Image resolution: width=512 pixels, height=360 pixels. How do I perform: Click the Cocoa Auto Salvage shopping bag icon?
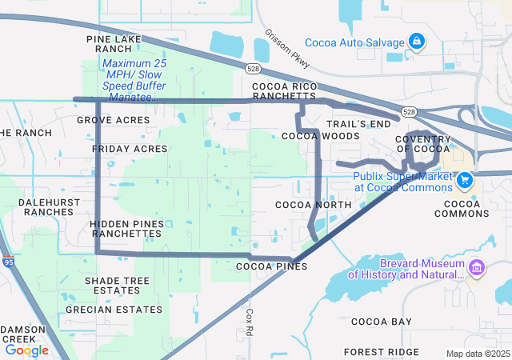[x=417, y=40]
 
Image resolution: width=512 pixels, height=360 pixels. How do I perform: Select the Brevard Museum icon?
[x=477, y=268]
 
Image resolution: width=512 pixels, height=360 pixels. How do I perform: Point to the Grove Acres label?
[x=114, y=120]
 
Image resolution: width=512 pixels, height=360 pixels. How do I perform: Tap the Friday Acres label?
[x=130, y=150]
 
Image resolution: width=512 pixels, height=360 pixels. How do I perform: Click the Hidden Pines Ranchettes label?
[x=126, y=228]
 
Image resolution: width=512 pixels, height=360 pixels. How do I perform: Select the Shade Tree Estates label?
[x=118, y=286]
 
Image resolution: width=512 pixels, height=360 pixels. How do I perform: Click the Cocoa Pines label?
[x=272, y=266]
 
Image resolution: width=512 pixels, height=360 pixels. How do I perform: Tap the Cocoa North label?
[x=313, y=206]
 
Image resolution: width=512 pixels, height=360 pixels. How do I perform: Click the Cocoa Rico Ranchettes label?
[x=284, y=91]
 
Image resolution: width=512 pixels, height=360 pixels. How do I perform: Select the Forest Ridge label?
[x=381, y=352]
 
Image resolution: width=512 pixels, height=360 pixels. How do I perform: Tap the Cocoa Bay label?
[x=382, y=322]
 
